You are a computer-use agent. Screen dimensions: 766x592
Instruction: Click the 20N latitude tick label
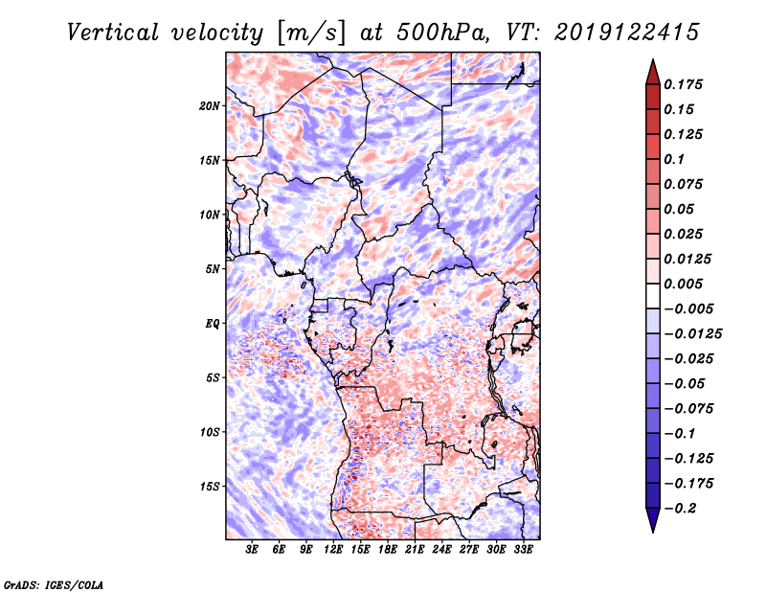210,106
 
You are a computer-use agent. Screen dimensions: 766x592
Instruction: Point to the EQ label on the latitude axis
213,324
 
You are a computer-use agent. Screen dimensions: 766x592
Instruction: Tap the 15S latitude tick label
210,487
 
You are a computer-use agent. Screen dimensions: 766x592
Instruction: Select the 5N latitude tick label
213,269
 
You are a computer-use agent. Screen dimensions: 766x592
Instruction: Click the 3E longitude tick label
252,550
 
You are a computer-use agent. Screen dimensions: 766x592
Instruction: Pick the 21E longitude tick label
415,550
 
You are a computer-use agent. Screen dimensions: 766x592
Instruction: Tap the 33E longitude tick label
523,550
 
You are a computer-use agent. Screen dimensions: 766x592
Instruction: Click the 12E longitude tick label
333,550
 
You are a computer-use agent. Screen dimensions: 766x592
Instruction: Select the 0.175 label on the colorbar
683,84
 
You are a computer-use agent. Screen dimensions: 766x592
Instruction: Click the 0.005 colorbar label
683,284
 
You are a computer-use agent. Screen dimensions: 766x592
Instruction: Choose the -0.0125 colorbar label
692,334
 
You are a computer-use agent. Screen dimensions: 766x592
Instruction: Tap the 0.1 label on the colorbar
674,159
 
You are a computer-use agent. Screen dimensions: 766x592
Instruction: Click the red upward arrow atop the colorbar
653,72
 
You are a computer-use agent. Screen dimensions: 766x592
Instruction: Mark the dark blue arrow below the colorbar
653,520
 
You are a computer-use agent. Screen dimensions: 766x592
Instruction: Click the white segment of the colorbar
653,296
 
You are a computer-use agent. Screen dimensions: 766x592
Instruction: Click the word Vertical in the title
113,33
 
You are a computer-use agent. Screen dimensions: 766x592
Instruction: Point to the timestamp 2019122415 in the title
627,33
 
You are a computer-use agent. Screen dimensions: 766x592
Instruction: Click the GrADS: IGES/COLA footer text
54,585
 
